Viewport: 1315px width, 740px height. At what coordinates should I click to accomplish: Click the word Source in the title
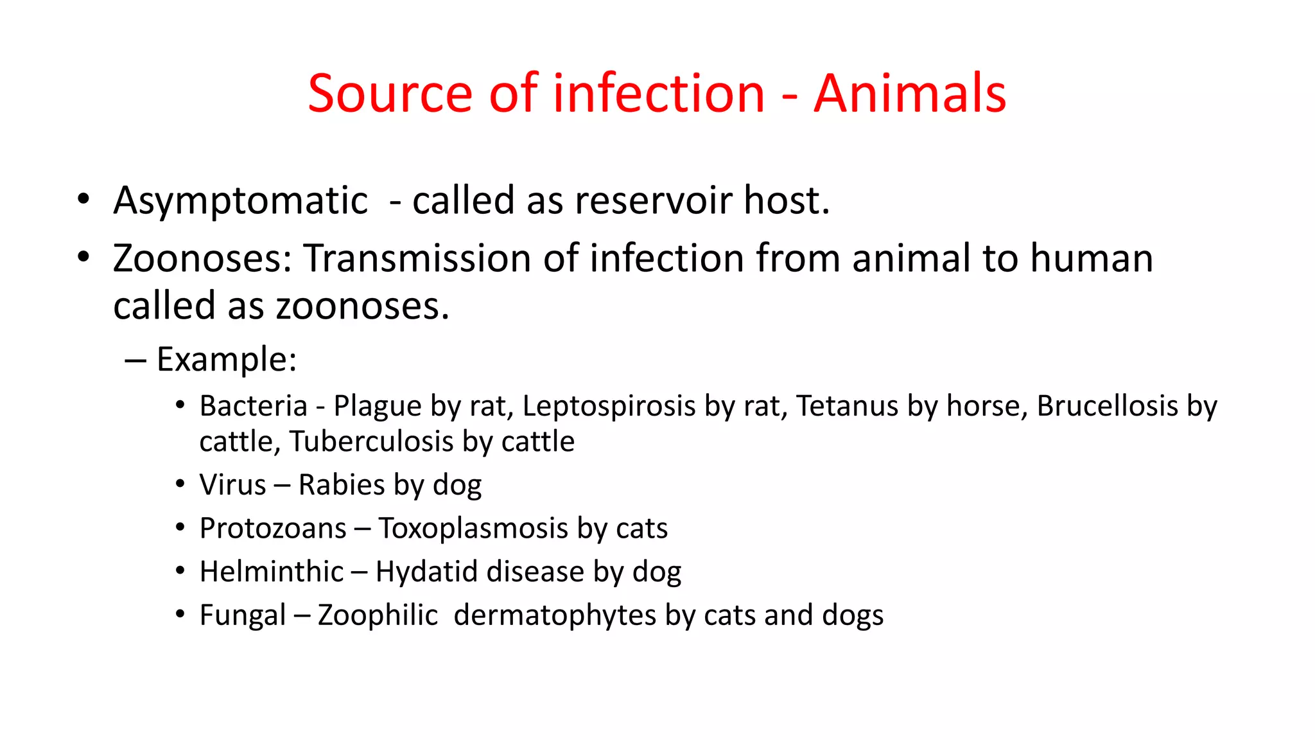coord(390,94)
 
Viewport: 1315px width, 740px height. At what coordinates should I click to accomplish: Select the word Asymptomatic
coord(240,201)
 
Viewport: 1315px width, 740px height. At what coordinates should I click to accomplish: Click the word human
coord(1092,258)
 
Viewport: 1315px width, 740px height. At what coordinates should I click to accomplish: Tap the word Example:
coord(227,359)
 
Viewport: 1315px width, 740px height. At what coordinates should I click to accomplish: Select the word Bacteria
coord(254,406)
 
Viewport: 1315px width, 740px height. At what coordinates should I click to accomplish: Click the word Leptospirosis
coord(609,407)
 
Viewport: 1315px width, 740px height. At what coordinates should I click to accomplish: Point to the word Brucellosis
coord(1107,406)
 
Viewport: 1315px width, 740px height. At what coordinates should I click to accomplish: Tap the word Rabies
coord(341,485)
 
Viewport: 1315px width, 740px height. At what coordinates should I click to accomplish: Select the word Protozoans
coord(273,529)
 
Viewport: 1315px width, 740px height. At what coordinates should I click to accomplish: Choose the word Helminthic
coord(272,572)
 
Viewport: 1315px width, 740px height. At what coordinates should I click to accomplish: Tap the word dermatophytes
coord(555,615)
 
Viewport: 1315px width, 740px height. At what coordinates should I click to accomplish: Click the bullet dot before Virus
coord(180,484)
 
